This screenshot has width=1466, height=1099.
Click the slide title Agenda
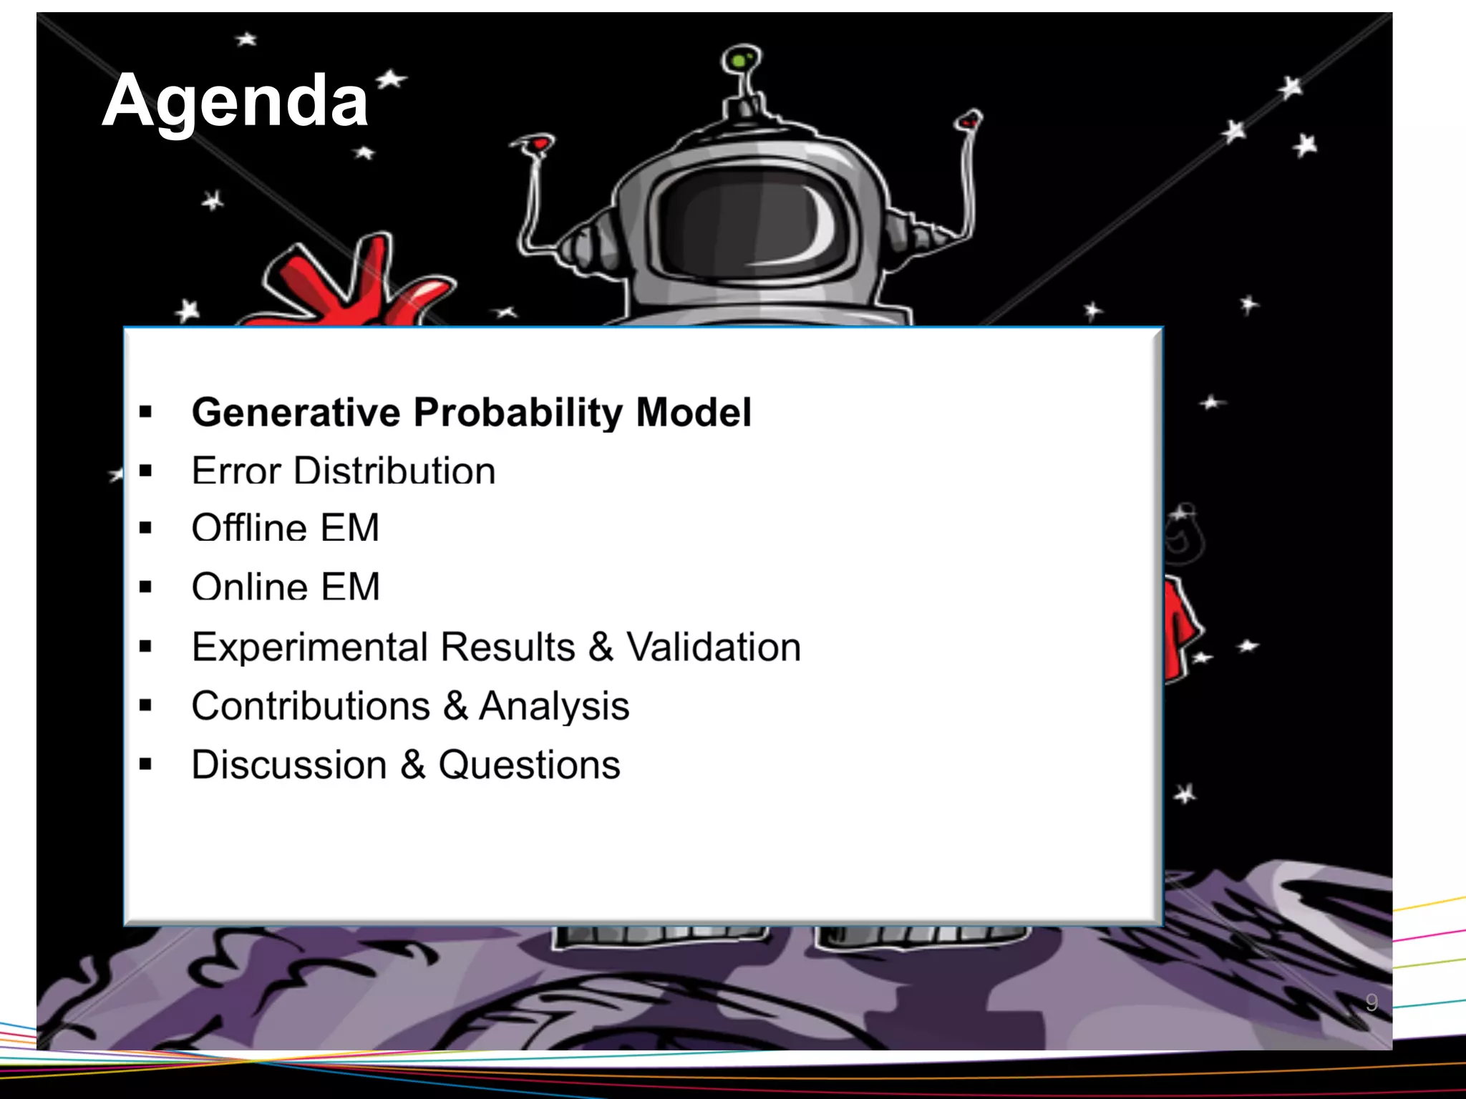235,101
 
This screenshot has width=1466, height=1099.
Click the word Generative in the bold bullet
296,413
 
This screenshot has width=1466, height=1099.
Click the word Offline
248,528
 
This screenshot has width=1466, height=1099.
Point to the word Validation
714,647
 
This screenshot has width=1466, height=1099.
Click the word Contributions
310,706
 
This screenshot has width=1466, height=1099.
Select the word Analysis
554,706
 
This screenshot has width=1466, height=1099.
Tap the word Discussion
288,765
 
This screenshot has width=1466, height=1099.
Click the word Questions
529,765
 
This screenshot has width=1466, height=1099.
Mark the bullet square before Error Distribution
146,471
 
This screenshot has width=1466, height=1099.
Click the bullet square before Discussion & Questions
146,765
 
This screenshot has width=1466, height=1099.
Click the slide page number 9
1372,1002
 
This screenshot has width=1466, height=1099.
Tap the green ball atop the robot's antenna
739,59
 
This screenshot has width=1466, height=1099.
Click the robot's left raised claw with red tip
535,146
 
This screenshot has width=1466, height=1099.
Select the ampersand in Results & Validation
601,647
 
